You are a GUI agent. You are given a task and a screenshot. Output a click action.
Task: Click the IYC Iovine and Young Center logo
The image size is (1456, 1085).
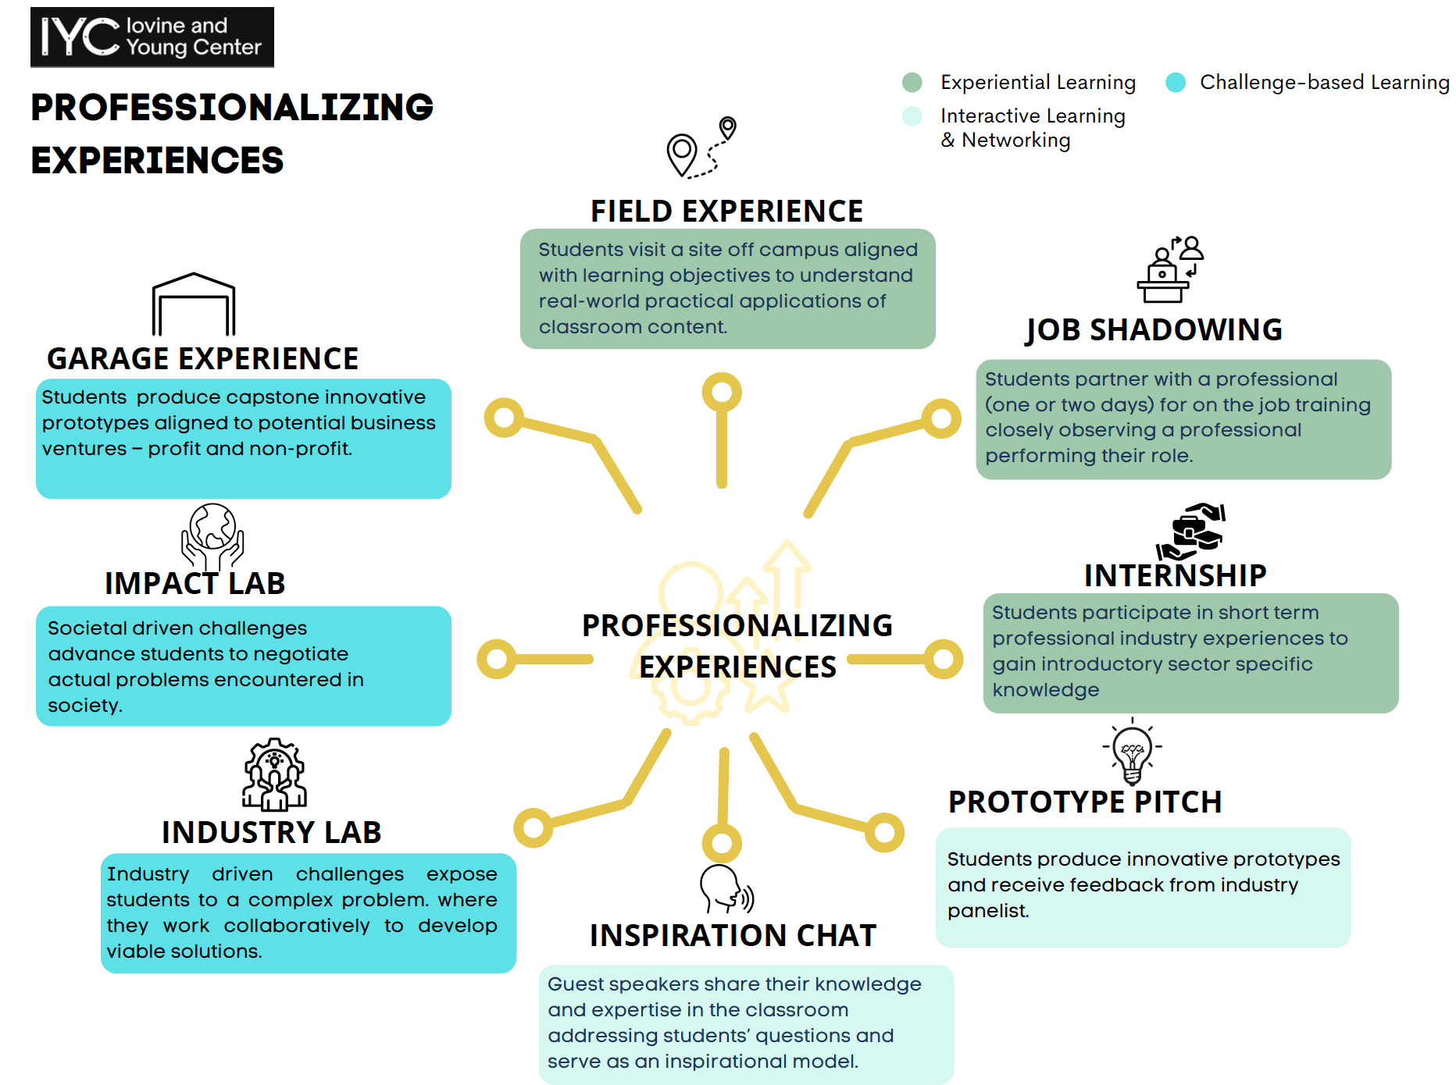(152, 37)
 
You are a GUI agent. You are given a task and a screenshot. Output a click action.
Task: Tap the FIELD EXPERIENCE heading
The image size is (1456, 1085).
(726, 212)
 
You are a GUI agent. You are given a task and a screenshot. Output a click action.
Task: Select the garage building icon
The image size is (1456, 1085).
(194, 304)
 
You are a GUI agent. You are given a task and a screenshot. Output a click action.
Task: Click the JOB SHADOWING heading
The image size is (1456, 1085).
(1154, 330)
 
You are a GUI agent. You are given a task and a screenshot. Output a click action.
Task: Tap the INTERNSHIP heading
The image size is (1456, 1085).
(1175, 576)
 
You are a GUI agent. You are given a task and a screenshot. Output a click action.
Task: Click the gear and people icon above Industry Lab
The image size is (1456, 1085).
(273, 775)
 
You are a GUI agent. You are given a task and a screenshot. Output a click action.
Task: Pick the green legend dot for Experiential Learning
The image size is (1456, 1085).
(912, 83)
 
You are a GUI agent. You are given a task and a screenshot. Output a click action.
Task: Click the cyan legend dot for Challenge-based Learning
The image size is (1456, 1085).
(1175, 83)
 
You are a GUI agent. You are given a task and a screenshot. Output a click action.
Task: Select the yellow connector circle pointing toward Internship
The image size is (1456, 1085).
(944, 660)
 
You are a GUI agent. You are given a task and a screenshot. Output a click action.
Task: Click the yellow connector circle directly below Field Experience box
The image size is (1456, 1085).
(722, 392)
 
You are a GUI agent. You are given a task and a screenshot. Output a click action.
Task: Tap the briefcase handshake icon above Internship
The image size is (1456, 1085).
(1191, 532)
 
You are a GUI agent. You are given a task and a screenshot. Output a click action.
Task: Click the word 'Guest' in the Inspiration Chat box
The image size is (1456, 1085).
(574, 984)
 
